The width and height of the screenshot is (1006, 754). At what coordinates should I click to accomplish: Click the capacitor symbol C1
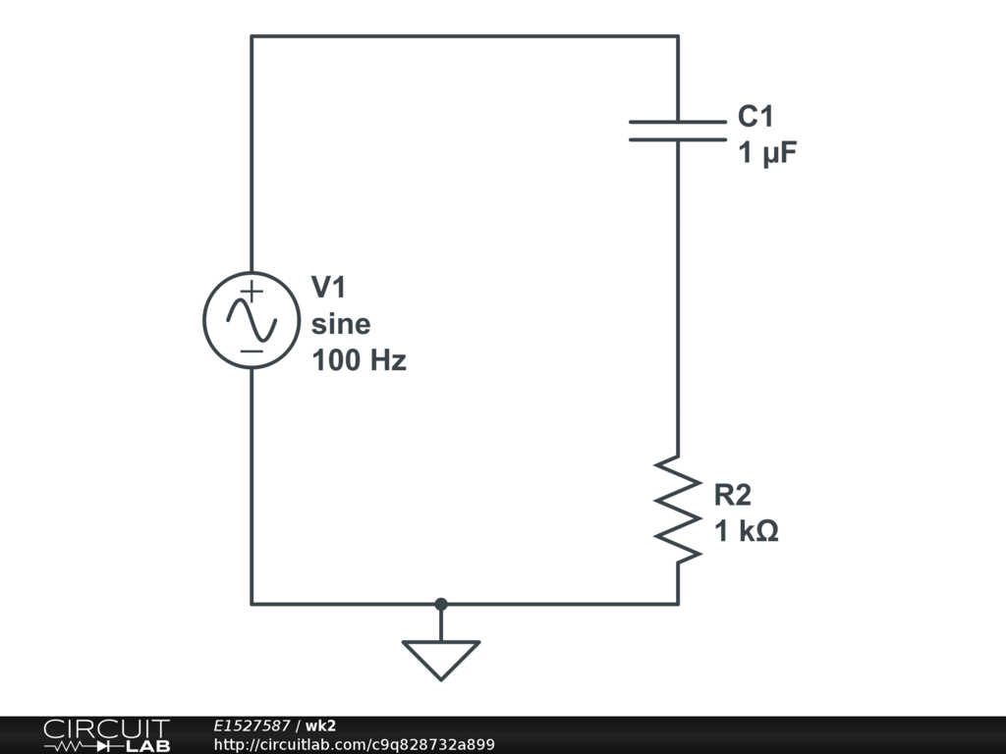pyautogui.click(x=677, y=132)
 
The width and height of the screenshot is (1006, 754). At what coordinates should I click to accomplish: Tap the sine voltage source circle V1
pyautogui.click(x=251, y=320)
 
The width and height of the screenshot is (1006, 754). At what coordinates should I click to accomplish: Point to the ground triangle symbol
pyautogui.click(x=441, y=657)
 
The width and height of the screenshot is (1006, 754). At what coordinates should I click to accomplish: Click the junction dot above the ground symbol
pyautogui.click(x=441, y=604)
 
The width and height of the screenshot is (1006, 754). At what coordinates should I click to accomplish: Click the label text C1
pyautogui.click(x=755, y=118)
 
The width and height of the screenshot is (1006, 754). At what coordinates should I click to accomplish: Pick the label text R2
pyautogui.click(x=732, y=494)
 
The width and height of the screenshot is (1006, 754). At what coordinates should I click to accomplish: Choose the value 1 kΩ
pyautogui.click(x=746, y=532)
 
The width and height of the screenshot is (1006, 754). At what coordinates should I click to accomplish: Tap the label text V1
pyautogui.click(x=329, y=287)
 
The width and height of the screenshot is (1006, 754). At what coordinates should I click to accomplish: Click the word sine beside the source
pyautogui.click(x=341, y=324)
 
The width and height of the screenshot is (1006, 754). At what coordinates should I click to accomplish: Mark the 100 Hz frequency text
pyautogui.click(x=359, y=360)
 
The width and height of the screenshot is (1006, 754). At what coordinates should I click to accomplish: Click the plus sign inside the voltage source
pyautogui.click(x=252, y=292)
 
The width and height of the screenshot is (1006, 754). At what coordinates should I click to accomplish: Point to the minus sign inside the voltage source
pyautogui.click(x=252, y=350)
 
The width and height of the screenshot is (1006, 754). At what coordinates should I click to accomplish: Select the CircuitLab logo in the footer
pyautogui.click(x=106, y=735)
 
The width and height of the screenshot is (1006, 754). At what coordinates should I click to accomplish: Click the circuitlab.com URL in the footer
pyautogui.click(x=354, y=744)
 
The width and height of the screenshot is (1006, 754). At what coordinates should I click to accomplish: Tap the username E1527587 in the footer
pyautogui.click(x=251, y=726)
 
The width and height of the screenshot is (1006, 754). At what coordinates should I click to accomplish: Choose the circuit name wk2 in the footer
pyautogui.click(x=320, y=726)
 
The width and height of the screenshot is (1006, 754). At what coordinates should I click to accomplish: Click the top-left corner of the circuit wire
pyautogui.click(x=251, y=36)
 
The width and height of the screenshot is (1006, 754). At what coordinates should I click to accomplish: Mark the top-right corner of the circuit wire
pyautogui.click(x=678, y=36)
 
